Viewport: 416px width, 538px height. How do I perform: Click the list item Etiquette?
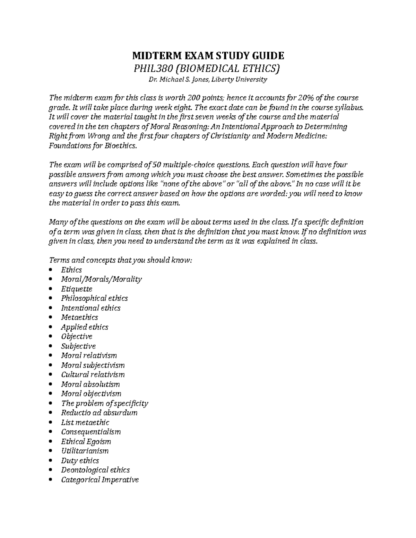coord(77,289)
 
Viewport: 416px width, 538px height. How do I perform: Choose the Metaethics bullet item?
coord(79,317)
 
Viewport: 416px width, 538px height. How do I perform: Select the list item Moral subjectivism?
coord(93,365)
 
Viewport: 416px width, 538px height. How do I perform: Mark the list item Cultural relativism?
coord(93,374)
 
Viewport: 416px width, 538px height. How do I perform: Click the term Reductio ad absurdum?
coord(99,413)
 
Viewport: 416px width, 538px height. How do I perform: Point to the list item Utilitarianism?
coord(85,451)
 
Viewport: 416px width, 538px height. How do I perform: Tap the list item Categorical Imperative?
coord(100,479)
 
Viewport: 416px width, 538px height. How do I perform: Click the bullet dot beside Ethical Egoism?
coord(51,442)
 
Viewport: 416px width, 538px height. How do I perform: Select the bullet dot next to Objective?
coord(51,337)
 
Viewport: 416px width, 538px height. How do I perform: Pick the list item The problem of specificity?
coord(104,403)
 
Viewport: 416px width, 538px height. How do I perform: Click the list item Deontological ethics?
coord(95,470)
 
